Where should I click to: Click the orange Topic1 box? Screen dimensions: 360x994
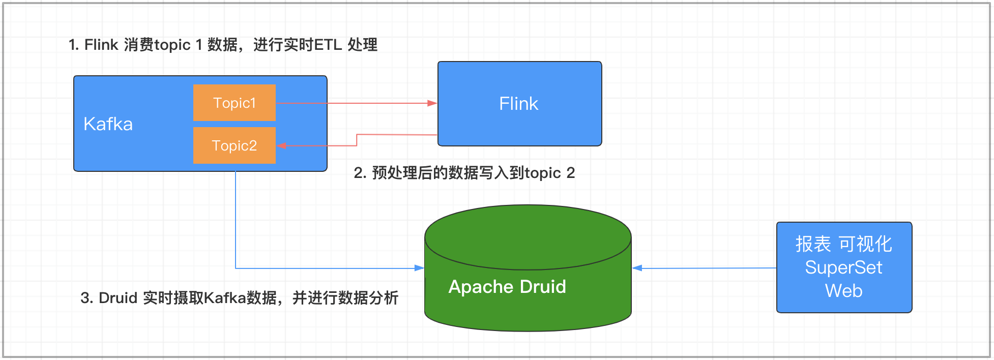pos(234,103)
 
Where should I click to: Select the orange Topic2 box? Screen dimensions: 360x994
pos(234,145)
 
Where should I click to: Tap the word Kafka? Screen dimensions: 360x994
pos(108,124)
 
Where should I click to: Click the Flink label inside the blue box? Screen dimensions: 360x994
pos(518,104)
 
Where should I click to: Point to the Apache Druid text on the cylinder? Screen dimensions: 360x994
pos(507,287)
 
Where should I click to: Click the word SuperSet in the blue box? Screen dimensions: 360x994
pos(843,267)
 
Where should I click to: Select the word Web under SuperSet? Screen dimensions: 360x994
pos(843,291)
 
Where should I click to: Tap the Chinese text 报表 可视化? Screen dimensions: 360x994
pos(843,244)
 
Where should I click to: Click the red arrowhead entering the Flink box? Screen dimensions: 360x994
pos(432,103)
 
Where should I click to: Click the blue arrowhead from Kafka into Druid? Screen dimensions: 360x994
pos(420,268)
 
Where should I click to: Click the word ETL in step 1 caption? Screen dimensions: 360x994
pos(328,45)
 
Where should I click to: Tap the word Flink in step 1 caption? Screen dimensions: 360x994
pos(101,45)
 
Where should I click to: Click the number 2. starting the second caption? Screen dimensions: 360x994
pos(360,173)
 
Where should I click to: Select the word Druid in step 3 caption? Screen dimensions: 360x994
pos(118,298)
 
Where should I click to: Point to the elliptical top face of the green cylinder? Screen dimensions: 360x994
pos(528,237)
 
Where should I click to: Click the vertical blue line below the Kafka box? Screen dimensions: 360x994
pos(236,219)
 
